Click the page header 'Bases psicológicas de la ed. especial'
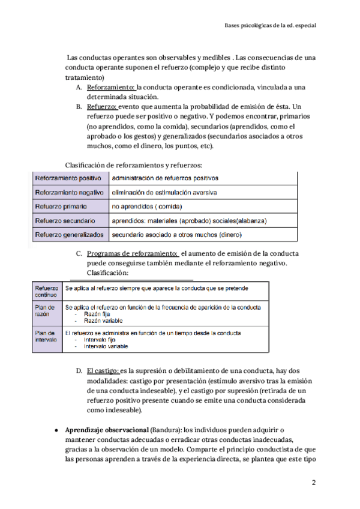click(x=270, y=26)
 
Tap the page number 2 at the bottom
click(x=313, y=483)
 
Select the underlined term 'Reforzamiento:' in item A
click(x=111, y=87)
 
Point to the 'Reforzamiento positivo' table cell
click(x=68, y=178)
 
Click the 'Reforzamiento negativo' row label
click(x=69, y=192)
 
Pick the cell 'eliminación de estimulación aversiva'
click(x=164, y=192)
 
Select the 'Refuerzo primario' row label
click(x=62, y=206)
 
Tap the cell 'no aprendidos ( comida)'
click(x=147, y=206)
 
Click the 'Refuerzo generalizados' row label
click(x=69, y=235)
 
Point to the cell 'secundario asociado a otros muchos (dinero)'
click(x=180, y=235)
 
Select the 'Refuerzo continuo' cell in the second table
click(x=47, y=291)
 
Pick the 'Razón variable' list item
click(x=97, y=321)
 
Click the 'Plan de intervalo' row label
click(x=46, y=336)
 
